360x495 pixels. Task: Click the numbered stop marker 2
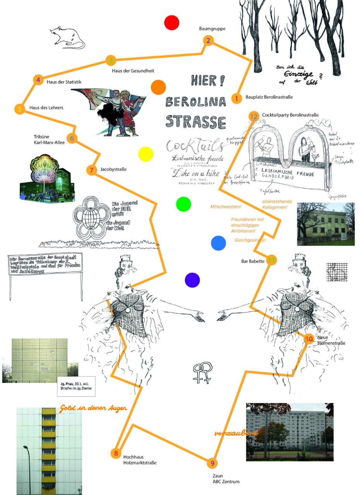coord(208,41)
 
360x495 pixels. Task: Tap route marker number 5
coord(20,109)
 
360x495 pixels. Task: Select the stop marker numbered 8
coord(116,453)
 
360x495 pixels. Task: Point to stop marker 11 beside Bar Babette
coord(272,260)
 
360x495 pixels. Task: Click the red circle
coord(171,22)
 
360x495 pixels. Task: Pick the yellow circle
coord(146,154)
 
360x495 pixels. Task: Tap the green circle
coord(183,204)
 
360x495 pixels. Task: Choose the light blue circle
coord(218,243)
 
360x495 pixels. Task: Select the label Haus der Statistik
coord(64,82)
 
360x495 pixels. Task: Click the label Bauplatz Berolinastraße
coord(269,97)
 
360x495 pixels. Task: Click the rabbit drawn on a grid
coord(336,272)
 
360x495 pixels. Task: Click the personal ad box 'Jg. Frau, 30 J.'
coord(76,386)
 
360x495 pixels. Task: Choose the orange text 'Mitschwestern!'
coord(226,207)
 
